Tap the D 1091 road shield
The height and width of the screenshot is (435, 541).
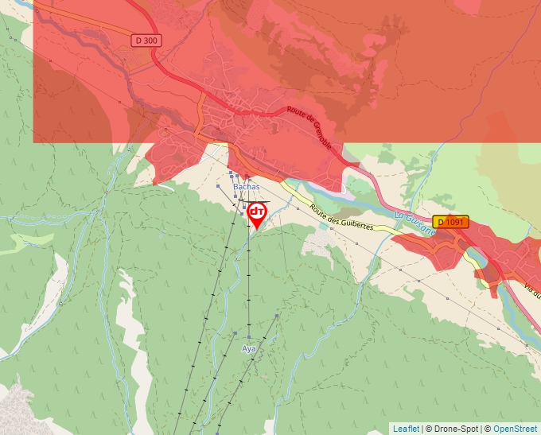[451, 222]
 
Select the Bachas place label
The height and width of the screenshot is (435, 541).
[247, 187]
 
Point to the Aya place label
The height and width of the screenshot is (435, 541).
[249, 348]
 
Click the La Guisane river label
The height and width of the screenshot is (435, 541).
[415, 223]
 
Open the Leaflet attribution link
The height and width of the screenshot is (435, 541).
[406, 429]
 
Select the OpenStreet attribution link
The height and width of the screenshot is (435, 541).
[515, 429]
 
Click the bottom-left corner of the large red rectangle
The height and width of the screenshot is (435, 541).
[33, 142]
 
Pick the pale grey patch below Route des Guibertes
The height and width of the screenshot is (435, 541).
[322, 243]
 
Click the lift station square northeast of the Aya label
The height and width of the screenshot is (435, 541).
[277, 317]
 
